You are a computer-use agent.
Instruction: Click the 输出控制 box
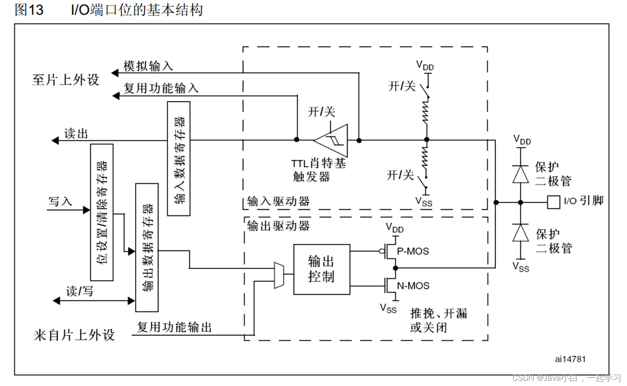322,269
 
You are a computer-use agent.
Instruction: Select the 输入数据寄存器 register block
179,159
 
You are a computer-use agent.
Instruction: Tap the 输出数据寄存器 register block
147,247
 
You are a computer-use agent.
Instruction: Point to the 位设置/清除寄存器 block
102,212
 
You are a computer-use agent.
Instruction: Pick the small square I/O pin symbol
553,202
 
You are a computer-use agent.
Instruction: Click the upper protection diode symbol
520,174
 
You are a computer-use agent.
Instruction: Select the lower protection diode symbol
520,233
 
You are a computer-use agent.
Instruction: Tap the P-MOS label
413,251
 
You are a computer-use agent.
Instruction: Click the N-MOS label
413,286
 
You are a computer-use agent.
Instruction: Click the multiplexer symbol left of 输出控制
279,275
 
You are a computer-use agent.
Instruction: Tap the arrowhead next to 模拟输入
115,73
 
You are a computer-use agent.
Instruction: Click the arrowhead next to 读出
55,140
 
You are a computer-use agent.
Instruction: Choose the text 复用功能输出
174,327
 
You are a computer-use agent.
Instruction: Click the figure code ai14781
570,359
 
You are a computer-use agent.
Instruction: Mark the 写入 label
60,201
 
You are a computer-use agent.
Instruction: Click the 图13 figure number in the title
29,10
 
